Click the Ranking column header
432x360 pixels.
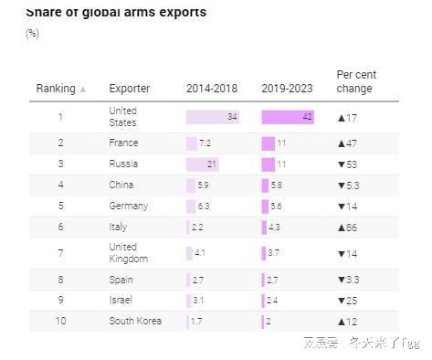[x=55, y=89]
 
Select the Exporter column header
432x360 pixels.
[x=130, y=89]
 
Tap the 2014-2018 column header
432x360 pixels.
[x=211, y=89]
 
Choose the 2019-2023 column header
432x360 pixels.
[x=287, y=89]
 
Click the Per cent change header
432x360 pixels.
[x=356, y=82]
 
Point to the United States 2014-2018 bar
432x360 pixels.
[x=213, y=117]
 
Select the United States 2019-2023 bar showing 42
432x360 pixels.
[x=288, y=117]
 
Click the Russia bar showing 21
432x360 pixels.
[x=203, y=164]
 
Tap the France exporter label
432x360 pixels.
[x=123, y=143]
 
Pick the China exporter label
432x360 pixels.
[x=121, y=185]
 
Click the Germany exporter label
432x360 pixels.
[x=128, y=206]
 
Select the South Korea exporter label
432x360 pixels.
[x=135, y=322]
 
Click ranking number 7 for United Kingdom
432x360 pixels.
[x=60, y=253]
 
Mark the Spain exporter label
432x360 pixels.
[x=121, y=280]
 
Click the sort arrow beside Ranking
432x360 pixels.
[x=83, y=90]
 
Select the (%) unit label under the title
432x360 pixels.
[x=33, y=34]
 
